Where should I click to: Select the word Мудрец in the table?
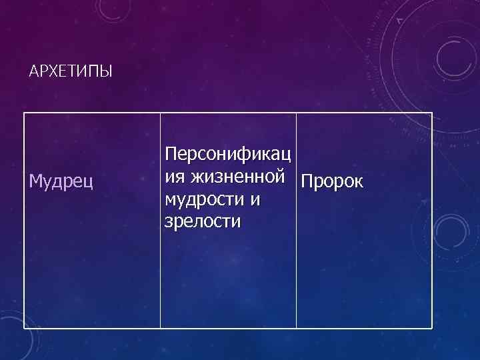[x=62, y=181]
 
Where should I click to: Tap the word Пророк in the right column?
[x=332, y=181]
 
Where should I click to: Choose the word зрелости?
[x=202, y=221]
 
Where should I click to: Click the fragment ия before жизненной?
[x=175, y=177]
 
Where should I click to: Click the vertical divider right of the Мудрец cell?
[x=161, y=220]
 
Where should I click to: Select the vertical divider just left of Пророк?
[x=296, y=220]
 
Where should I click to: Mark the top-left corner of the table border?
[x=25, y=113]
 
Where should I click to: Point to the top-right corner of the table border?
[x=432, y=113]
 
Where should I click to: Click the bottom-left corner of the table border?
[x=25, y=328]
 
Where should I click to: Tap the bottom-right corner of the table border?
[x=432, y=328]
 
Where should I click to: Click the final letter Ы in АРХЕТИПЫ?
[x=107, y=71]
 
